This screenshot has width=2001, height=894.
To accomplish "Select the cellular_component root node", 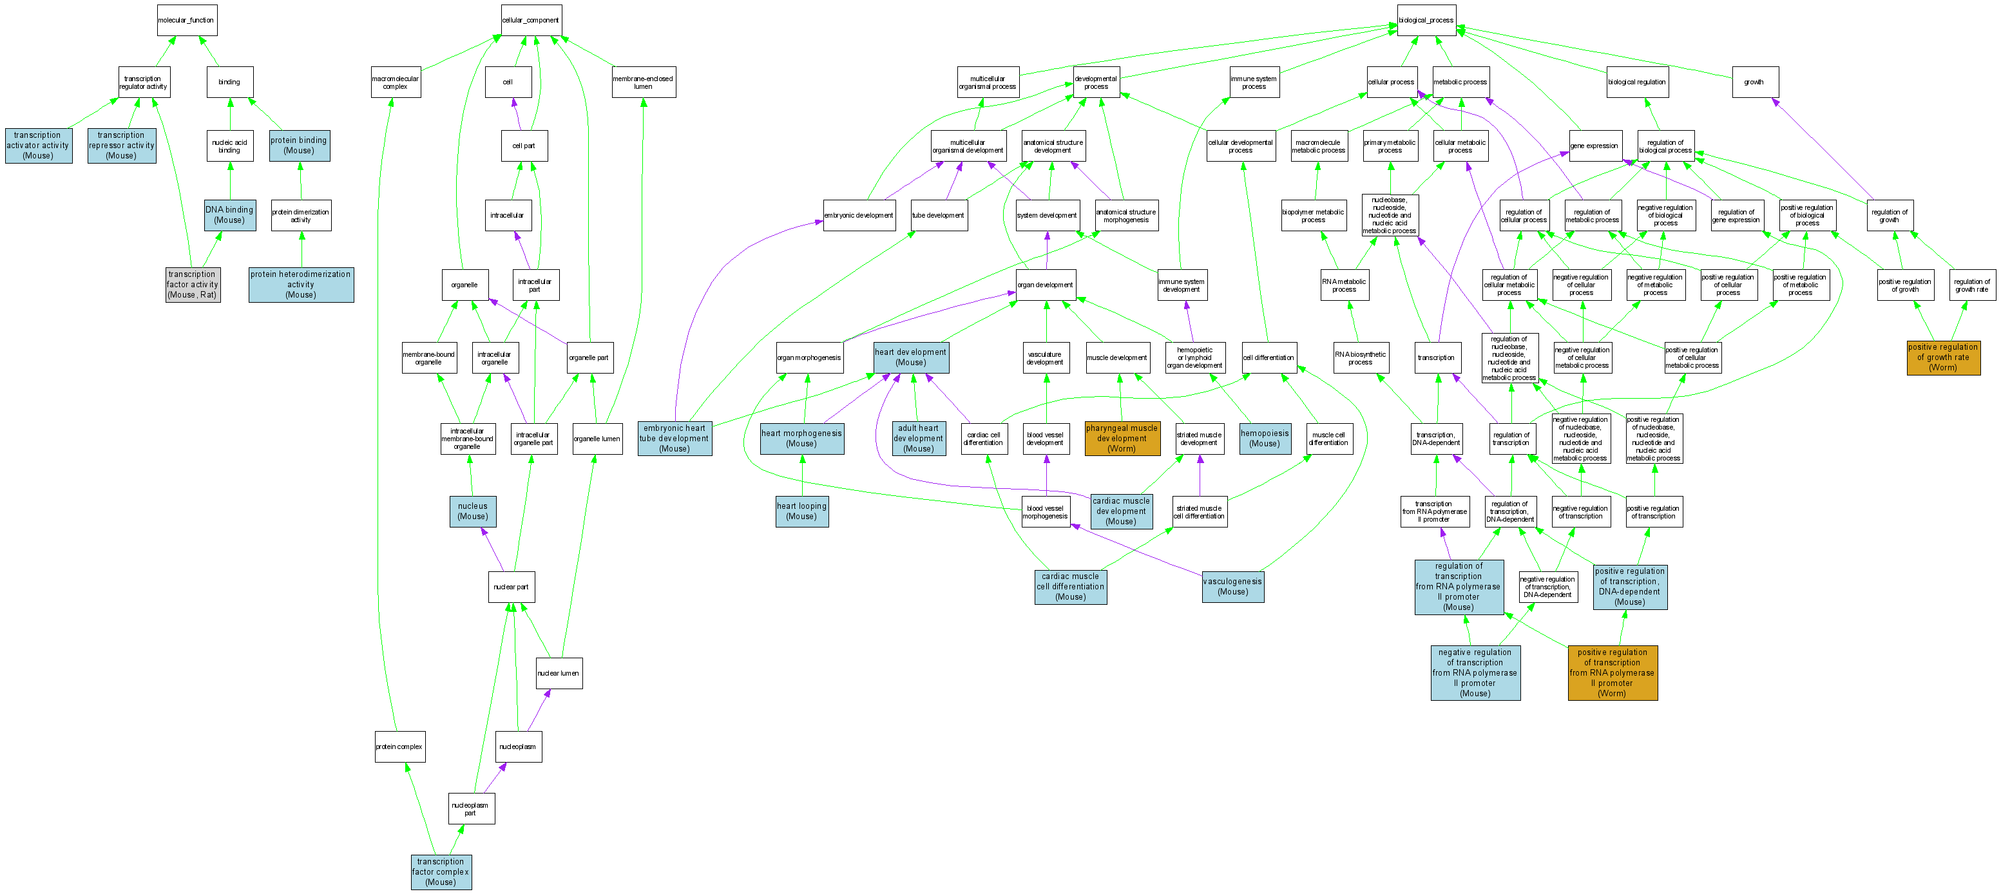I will pyautogui.click(x=531, y=20).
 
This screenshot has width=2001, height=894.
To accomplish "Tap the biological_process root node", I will pyautogui.click(x=1426, y=20).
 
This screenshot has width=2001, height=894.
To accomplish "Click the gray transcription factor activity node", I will pyautogui.click(x=193, y=284).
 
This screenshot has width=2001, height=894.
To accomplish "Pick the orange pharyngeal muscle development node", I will pyautogui.click(x=1122, y=439).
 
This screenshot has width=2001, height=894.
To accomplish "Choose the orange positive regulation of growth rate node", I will pyautogui.click(x=1943, y=357).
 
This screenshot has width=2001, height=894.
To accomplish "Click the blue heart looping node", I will pyautogui.click(x=801, y=511).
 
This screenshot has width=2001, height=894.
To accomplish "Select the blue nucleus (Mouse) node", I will pyautogui.click(x=472, y=511).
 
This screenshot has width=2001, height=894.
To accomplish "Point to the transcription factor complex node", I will pyautogui.click(x=441, y=871).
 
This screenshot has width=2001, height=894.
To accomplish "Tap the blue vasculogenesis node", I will pyautogui.click(x=1233, y=586).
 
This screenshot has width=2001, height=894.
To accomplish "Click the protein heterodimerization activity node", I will pyautogui.click(x=301, y=284).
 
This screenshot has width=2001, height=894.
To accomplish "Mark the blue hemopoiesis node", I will pyautogui.click(x=1265, y=439).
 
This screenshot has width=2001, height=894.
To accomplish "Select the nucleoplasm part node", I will pyautogui.click(x=471, y=808).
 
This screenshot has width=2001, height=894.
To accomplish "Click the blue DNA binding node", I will pyautogui.click(x=229, y=214).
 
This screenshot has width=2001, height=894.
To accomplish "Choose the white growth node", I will pyautogui.click(x=1755, y=82).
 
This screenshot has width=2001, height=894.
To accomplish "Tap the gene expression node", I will pyautogui.click(x=1594, y=146).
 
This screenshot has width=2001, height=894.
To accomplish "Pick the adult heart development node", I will pyautogui.click(x=918, y=439).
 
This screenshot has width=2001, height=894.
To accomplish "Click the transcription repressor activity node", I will pyautogui.click(x=121, y=146).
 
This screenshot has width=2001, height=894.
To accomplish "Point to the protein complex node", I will pyautogui.click(x=399, y=747).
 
